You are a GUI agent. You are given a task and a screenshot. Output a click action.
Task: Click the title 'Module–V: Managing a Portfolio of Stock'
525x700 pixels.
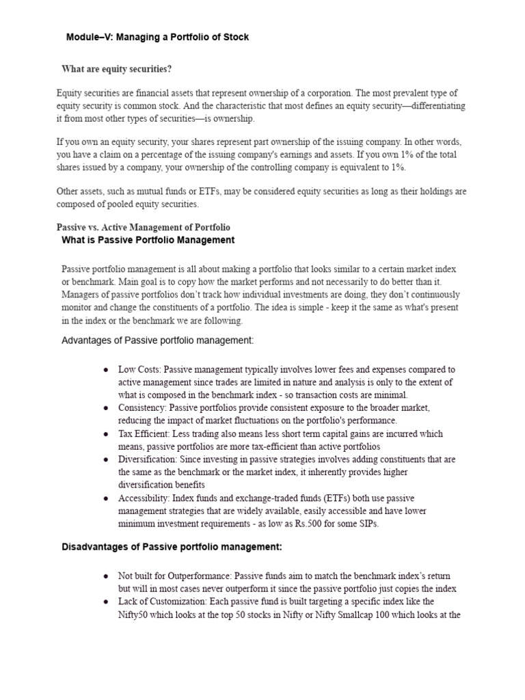coord(157,37)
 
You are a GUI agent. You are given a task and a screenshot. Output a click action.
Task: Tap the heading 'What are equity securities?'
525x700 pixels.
coord(116,69)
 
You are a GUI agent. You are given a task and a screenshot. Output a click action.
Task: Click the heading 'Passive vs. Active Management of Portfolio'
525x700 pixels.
coord(143,227)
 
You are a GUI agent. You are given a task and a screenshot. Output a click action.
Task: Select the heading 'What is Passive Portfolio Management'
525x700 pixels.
coord(148,240)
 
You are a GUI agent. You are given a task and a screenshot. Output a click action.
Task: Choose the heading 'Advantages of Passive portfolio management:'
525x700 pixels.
coord(157,340)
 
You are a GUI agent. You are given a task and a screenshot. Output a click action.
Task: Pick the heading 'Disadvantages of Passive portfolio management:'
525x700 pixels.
coord(172,547)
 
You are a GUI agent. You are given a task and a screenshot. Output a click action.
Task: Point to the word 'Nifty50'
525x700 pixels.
coord(134,615)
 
